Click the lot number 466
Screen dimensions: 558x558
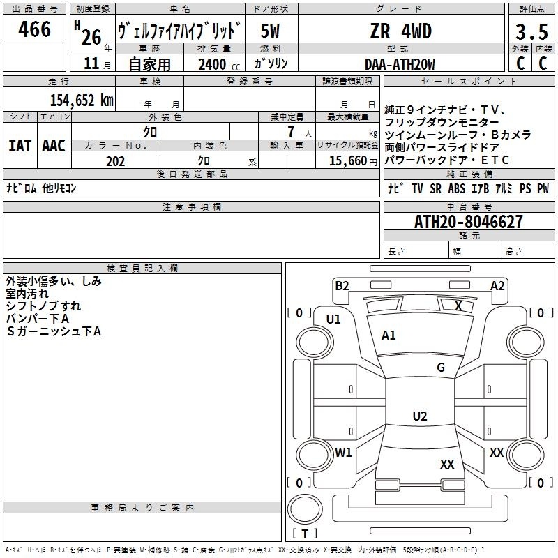coord(35,29)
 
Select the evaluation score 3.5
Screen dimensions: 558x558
coord(531,31)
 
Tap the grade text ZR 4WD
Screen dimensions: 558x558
coord(400,31)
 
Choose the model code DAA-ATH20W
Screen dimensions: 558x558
coord(400,64)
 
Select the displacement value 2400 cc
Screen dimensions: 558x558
coord(216,64)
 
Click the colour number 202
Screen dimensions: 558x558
coord(115,161)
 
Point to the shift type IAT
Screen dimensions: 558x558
coord(20,146)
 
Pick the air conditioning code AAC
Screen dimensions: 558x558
coord(54,146)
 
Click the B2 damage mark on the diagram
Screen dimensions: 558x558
coord(342,285)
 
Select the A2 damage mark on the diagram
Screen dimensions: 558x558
coord(497,285)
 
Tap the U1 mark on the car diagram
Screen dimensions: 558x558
coord(333,319)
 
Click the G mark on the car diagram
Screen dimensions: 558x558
coord(441,368)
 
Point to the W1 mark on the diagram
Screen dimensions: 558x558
coord(343,452)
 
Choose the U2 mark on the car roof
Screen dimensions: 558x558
coord(420,416)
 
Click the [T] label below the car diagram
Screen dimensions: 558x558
coord(305,534)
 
